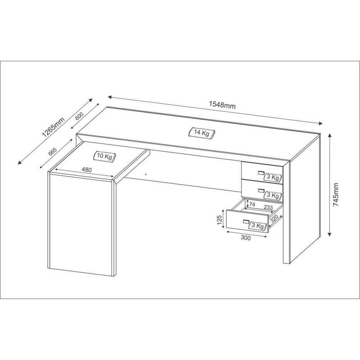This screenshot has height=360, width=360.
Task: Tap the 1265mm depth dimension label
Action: coord(54,127)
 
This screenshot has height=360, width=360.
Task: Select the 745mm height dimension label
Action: coord(336,194)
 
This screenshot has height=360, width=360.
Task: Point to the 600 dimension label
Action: coord(79,116)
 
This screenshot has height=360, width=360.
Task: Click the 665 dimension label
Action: coord(52,152)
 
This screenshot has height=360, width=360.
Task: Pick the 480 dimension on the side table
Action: coord(86,170)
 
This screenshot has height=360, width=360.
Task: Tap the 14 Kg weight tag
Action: coord(202,133)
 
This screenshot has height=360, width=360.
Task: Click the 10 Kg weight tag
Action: coord(105,156)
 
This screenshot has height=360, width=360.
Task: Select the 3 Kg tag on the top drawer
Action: coord(273,177)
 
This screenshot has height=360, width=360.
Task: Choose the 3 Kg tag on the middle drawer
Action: coord(273,195)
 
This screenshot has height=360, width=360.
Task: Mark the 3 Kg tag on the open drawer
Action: coord(257,226)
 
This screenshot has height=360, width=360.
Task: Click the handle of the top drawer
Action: coord(261,173)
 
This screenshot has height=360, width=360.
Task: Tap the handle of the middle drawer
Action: coord(261,190)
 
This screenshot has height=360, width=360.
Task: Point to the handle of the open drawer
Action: coord(246,221)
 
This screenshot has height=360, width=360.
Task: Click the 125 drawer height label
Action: coord(220,220)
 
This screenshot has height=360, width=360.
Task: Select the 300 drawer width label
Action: coord(246,238)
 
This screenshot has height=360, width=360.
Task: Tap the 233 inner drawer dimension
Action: coord(268,207)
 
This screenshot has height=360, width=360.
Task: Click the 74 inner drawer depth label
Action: coord(252,204)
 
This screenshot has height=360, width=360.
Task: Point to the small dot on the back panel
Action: coord(146,174)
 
